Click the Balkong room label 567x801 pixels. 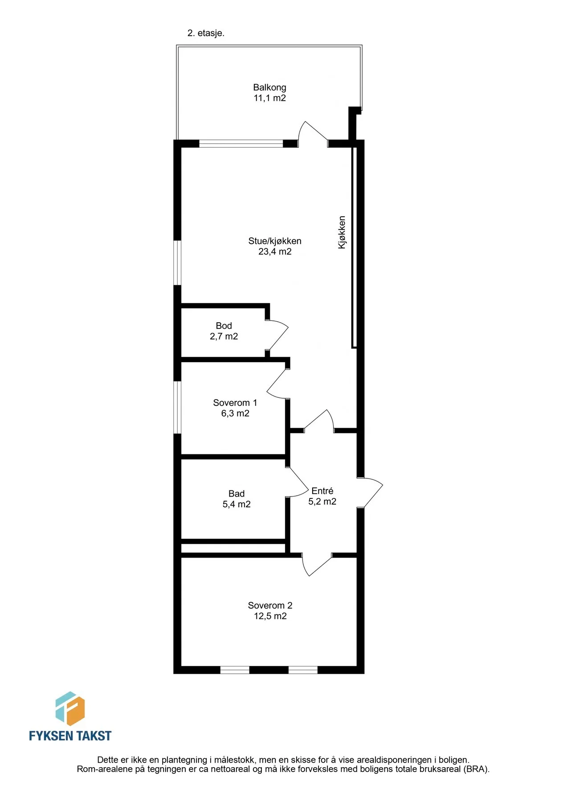269,88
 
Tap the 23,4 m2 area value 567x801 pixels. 275,251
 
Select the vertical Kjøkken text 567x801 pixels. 342,232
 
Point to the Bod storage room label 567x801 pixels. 224,326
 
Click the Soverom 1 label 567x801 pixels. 235,403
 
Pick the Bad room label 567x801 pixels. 237,494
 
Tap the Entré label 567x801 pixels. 322,491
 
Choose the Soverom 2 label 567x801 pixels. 270,605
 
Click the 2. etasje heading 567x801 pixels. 206,33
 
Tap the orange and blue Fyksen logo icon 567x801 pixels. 70,709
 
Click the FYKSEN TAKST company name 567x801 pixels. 70,736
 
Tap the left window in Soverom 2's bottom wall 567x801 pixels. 235,670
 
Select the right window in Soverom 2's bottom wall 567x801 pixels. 303,670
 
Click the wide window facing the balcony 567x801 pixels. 241,143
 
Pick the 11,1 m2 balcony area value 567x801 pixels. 270,98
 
